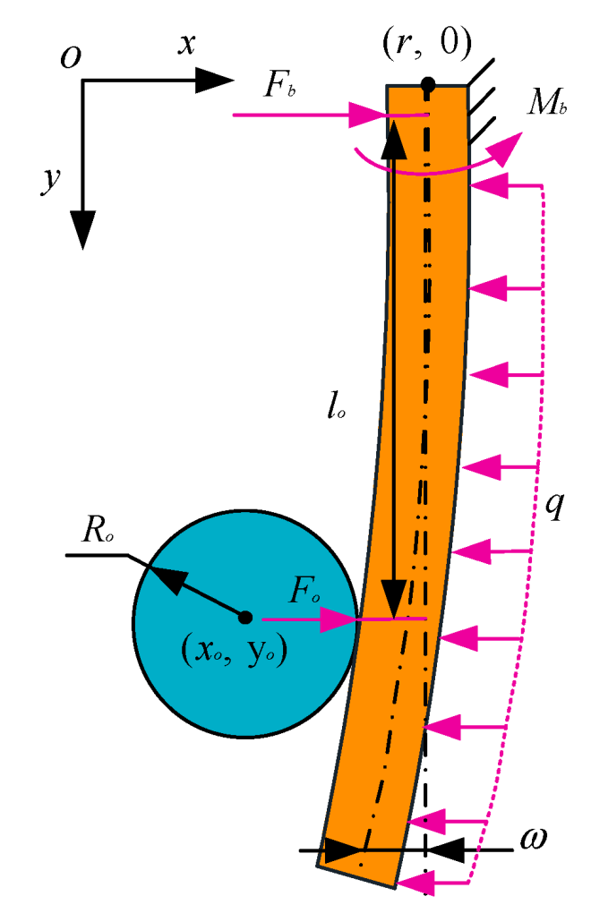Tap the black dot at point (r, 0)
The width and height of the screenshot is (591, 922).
tap(428, 85)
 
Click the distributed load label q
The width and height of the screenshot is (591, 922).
tap(555, 506)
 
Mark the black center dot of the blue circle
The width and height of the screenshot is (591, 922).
tap(244, 617)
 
